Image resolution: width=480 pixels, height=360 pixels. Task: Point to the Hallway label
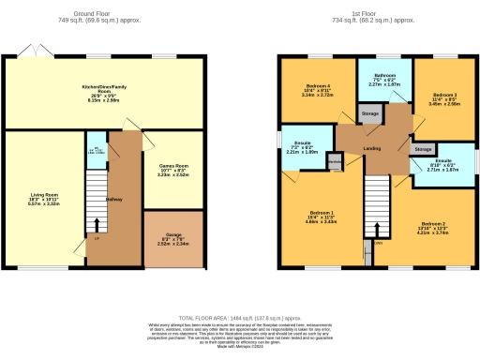114,200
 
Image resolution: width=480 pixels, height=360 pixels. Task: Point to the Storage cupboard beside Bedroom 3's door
424,149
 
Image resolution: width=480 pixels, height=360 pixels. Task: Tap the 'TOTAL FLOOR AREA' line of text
239,320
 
